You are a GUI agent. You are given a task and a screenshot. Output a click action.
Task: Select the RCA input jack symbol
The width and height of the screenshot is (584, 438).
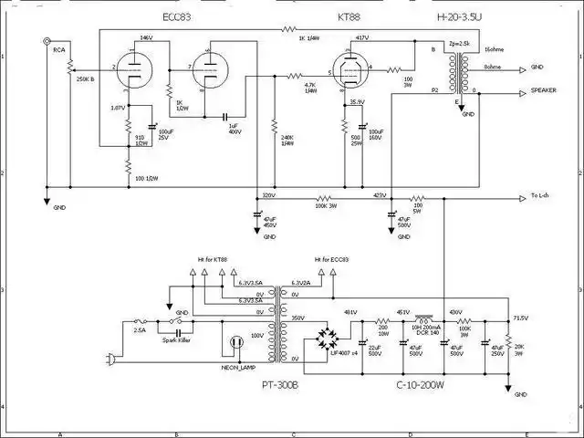click(46, 41)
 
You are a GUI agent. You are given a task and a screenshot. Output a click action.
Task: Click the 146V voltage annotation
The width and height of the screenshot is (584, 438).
click(147, 38)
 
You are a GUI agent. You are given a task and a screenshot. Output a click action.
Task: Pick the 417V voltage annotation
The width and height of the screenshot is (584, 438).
click(361, 38)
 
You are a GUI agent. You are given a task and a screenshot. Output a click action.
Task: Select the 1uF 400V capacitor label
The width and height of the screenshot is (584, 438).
click(234, 129)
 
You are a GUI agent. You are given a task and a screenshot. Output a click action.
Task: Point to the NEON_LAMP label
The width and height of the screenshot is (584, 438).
click(235, 367)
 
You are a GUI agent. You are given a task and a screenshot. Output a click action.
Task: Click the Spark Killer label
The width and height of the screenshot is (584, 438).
click(175, 339)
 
